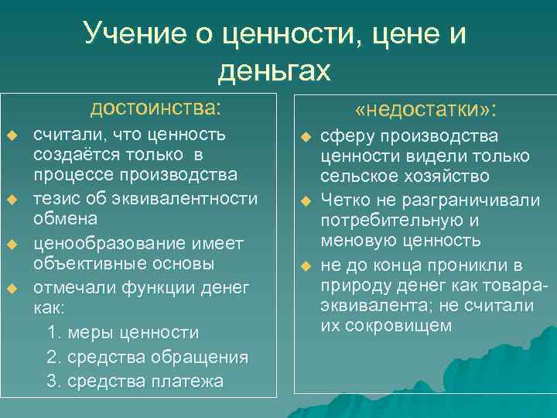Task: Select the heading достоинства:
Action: pos(155,106)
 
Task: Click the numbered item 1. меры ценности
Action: pos(122,333)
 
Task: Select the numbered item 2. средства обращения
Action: pos(147,357)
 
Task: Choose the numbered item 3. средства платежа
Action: pos(135,381)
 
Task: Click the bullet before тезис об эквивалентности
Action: pos(12,200)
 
